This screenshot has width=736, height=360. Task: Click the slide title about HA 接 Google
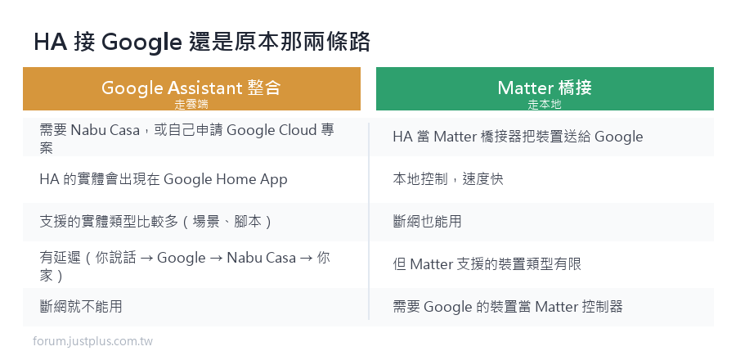[x=202, y=43]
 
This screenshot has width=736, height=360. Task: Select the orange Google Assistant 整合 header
[x=191, y=88]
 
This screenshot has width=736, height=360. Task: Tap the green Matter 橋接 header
[x=545, y=88]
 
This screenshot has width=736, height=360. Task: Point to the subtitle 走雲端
[x=191, y=105]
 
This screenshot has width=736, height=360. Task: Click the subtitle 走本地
[x=545, y=105]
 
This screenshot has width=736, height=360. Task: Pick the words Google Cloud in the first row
[x=272, y=129]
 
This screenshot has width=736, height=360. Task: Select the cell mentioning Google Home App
[x=164, y=179]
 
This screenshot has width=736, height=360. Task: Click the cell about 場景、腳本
[x=156, y=222]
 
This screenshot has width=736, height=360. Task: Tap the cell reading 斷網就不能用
[x=81, y=307]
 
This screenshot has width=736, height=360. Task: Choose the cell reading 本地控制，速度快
[x=448, y=179]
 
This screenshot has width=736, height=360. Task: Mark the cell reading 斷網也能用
[x=427, y=222]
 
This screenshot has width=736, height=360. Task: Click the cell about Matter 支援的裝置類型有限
[x=487, y=264]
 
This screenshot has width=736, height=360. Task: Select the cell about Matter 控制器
[x=508, y=307]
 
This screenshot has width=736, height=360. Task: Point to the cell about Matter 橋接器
[x=518, y=137]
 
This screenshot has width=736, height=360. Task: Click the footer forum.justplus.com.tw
[x=93, y=341]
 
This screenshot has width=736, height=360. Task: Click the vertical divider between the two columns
[x=369, y=222]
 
